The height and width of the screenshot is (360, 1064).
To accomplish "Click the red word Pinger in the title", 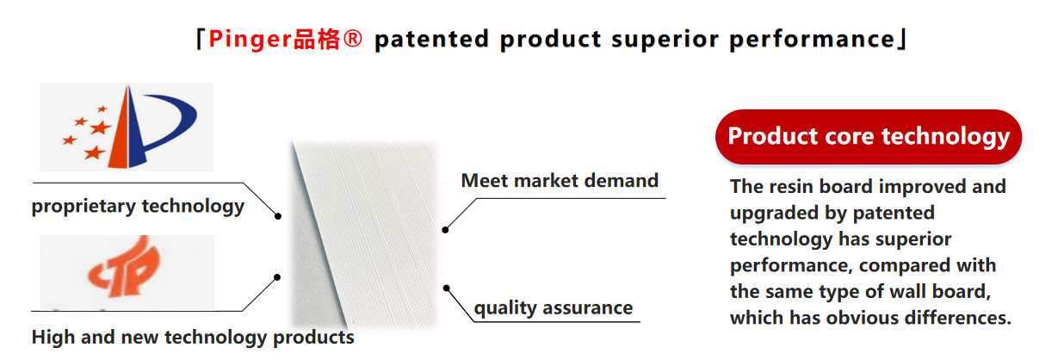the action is [x=250, y=40].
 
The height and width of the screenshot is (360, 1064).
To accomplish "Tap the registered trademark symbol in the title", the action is [x=352, y=39].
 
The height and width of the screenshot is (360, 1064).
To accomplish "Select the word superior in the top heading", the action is [x=665, y=40].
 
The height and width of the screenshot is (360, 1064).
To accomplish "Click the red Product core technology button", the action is [x=869, y=137].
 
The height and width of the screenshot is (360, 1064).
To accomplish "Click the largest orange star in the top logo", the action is [x=100, y=127].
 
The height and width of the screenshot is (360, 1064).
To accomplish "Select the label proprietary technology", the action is [x=138, y=206].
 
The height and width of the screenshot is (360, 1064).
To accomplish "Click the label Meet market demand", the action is [x=560, y=181].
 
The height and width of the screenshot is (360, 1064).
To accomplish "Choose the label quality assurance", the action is [x=554, y=308].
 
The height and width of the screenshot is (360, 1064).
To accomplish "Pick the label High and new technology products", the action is [x=193, y=338].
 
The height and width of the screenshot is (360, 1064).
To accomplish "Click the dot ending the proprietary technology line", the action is [x=278, y=216].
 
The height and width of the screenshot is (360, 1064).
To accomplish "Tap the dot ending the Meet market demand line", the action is [x=445, y=230].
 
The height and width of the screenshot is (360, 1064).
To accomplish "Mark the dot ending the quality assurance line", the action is [x=447, y=288].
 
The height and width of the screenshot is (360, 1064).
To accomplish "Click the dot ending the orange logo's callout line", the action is [x=277, y=277].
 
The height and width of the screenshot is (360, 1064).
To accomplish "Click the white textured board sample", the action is [x=366, y=236].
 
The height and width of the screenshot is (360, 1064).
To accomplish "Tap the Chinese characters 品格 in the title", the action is [x=316, y=40].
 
